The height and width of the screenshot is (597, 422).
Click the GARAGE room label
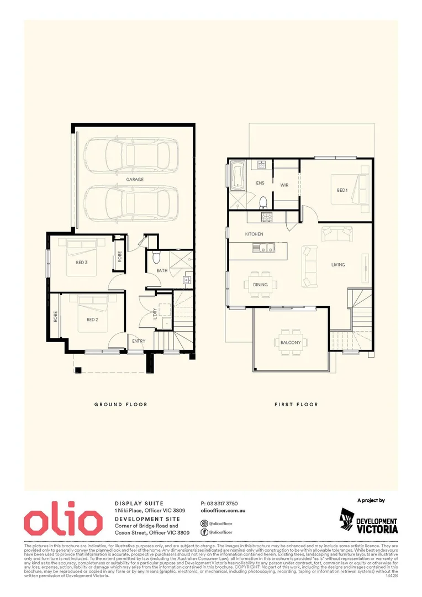pos(135,180)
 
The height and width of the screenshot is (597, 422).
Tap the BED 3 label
pos(82,263)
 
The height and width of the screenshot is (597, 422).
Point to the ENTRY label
pos(139,341)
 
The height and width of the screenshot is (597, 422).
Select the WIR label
pos(284,185)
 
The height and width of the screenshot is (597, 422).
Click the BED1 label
pos(342,190)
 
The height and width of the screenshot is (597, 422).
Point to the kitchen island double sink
pos(263,248)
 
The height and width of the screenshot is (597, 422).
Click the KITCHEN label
pos(254,234)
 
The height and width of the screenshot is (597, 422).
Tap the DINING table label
pos(260,284)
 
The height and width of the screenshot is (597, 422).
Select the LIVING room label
pos(338,265)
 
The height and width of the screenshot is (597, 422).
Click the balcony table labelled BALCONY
pos(290,342)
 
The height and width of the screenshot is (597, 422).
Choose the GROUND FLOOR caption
pos(120,405)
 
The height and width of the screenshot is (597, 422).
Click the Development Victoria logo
pos(368,521)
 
